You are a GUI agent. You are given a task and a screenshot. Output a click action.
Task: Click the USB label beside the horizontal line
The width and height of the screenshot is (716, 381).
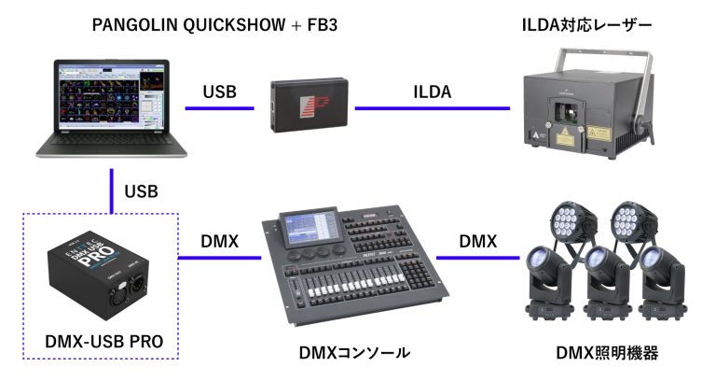pos(220,92)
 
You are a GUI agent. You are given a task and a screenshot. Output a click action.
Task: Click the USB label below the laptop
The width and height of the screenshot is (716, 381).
pos(141,192)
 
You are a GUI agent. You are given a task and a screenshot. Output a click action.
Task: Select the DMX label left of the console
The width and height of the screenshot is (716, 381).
pos(219,241)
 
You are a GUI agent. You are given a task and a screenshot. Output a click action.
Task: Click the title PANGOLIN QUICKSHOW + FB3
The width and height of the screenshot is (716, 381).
pos(213,26)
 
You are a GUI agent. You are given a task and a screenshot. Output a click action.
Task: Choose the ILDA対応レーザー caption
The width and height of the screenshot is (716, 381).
pos(586,26)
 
